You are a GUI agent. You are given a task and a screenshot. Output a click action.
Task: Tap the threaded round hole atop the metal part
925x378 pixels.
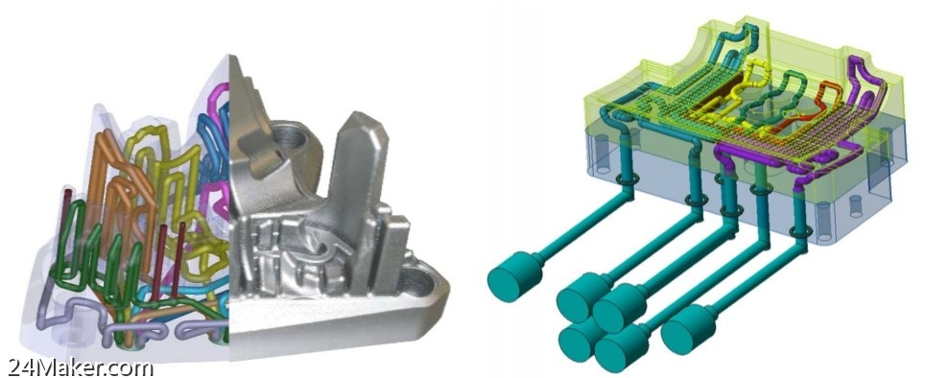[289, 137]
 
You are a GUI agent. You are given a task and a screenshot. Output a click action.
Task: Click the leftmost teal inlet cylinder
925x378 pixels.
[514, 276]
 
